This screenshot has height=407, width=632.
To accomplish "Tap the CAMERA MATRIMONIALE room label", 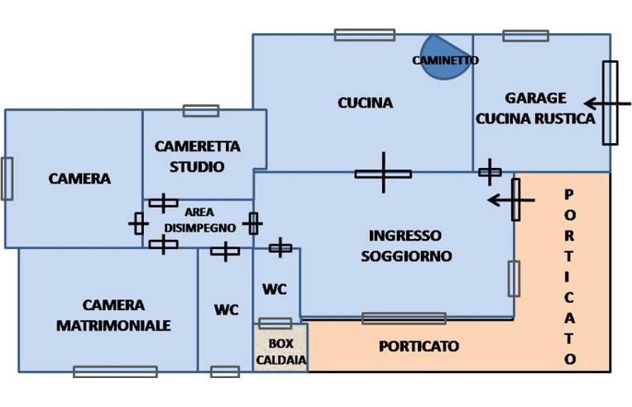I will coord(113,315).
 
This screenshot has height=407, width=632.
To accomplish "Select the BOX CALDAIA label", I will coord(281,352).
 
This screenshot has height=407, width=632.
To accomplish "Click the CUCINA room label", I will coord(365,103).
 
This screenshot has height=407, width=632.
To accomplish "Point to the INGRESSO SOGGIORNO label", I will coord(406,246).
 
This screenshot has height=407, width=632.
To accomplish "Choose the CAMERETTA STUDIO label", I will coord(198,156).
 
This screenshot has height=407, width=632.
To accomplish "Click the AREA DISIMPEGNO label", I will coord(199,219).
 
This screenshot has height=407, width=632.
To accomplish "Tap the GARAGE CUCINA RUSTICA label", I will coord(535,108).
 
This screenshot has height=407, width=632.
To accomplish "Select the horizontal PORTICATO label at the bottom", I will coord(419,347).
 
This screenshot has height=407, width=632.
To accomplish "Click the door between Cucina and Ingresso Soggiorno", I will coord(383,173).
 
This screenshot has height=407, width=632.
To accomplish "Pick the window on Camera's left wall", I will coord(7,179).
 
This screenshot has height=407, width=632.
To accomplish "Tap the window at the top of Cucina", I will coord(364,35).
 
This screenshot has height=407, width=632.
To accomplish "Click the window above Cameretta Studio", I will coord(201,111).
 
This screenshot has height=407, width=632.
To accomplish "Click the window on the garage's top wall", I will coord(525,36).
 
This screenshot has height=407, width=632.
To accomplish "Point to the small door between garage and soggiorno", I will coord(490,172).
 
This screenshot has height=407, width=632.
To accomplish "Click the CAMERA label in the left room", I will coord(79,179).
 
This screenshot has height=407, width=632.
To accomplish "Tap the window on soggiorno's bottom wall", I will coord(404,318).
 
